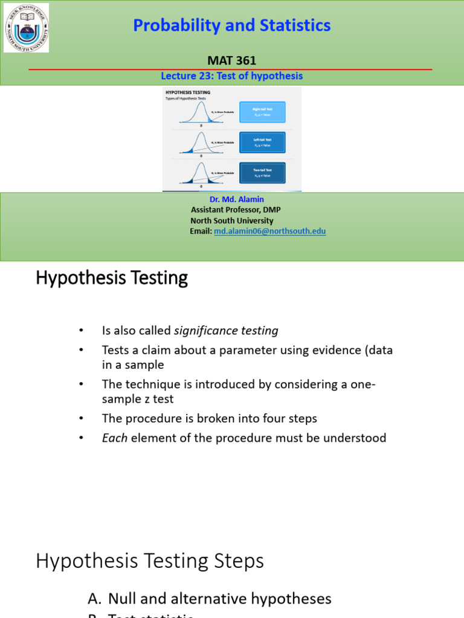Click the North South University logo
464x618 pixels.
coord(26,28)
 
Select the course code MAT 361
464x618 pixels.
coord(232,60)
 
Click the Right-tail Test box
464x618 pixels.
coord(262,112)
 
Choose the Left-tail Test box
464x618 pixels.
coord(262,142)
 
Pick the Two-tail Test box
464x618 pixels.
coord(262,173)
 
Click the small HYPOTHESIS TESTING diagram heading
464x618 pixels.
coord(188,92)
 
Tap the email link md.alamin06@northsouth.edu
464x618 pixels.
coord(269,231)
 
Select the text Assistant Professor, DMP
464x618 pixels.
coord(236,209)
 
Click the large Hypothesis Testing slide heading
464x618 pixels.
coord(112,278)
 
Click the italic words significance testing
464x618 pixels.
coord(226,331)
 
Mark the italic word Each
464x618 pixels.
coord(115,438)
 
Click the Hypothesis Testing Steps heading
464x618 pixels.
coord(150,561)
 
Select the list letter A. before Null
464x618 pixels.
coord(95,599)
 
